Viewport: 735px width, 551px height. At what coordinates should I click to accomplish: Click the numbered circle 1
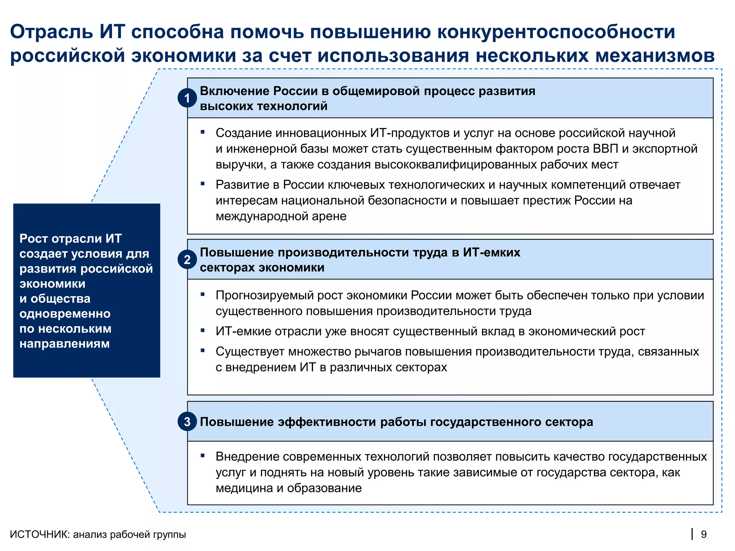[187, 98]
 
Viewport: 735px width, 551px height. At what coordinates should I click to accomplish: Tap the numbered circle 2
[187, 259]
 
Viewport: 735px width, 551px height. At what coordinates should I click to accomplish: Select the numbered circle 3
[187, 422]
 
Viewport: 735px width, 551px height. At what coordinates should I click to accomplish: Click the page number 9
[704, 534]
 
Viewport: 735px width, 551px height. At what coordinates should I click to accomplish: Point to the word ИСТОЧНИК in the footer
[39, 534]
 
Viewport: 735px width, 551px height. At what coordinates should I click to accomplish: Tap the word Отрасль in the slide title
[52, 32]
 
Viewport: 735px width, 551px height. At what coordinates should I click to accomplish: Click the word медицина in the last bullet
[244, 488]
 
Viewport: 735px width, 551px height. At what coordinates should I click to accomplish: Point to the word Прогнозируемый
[266, 296]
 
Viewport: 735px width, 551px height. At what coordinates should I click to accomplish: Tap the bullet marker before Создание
[203, 132]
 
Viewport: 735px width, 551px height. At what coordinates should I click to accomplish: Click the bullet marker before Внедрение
[203, 456]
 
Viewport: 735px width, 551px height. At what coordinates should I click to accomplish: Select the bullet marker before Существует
[203, 350]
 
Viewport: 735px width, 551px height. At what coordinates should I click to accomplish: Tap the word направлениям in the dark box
[65, 344]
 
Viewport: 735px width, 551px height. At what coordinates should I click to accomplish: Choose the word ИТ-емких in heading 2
[491, 253]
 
